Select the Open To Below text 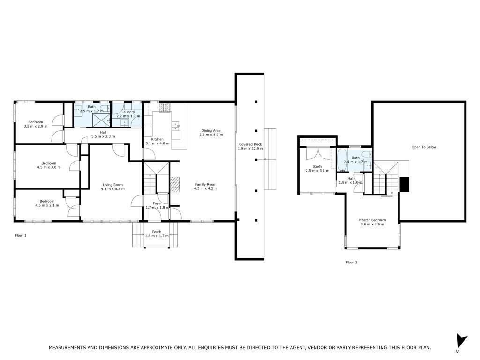424,147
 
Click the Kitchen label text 157,139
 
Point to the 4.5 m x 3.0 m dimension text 49,167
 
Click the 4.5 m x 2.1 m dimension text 47,205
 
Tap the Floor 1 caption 21,235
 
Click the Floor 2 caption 352,262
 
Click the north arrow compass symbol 461,341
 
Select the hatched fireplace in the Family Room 175,184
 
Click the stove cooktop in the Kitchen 165,107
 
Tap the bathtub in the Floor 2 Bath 342,160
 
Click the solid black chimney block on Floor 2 405,184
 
